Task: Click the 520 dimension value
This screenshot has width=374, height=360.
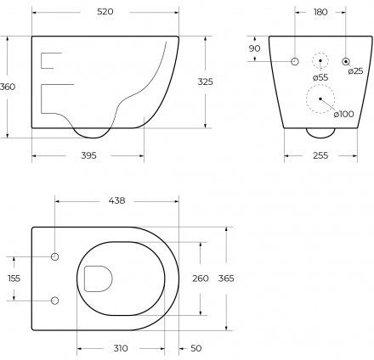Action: (x=105, y=12)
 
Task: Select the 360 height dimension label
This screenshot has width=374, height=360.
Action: (x=8, y=87)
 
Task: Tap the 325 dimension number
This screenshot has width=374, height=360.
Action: (x=206, y=82)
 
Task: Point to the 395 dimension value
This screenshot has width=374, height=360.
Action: (x=88, y=155)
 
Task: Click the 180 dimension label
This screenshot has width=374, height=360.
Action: (x=320, y=12)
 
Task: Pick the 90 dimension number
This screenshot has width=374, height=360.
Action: (x=254, y=48)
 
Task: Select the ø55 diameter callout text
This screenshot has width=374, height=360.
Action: (x=320, y=77)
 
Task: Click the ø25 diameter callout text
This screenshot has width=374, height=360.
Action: (x=355, y=70)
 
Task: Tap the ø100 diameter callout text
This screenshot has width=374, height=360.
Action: (x=343, y=114)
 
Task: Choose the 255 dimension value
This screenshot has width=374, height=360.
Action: (x=320, y=155)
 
